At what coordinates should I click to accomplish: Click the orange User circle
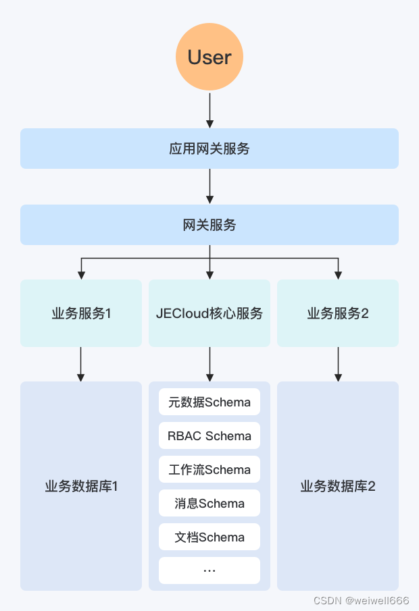[x=209, y=57]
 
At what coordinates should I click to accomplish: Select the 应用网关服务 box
[x=209, y=149]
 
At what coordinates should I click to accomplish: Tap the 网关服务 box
[x=209, y=225]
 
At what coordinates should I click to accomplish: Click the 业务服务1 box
[x=81, y=313]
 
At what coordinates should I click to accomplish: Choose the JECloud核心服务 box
[x=209, y=313]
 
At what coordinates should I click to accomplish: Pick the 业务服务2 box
[x=338, y=313]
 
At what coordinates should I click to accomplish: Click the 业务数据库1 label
[x=81, y=486]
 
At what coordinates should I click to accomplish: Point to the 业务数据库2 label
[x=338, y=486]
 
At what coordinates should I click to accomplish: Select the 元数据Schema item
[x=209, y=402]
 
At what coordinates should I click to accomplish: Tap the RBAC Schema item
[x=209, y=436]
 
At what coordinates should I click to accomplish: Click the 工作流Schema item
[x=209, y=470]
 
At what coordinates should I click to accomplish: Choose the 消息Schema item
[x=209, y=504]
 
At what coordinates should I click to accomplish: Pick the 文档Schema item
[x=209, y=537]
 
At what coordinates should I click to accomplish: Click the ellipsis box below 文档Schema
[x=209, y=570]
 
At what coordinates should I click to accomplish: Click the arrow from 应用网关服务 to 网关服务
[x=209, y=186]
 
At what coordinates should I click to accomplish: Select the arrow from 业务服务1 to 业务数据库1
[x=81, y=365]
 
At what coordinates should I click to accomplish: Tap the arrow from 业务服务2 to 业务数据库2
[x=338, y=365]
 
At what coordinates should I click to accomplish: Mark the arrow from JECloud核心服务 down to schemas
[x=209, y=365]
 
